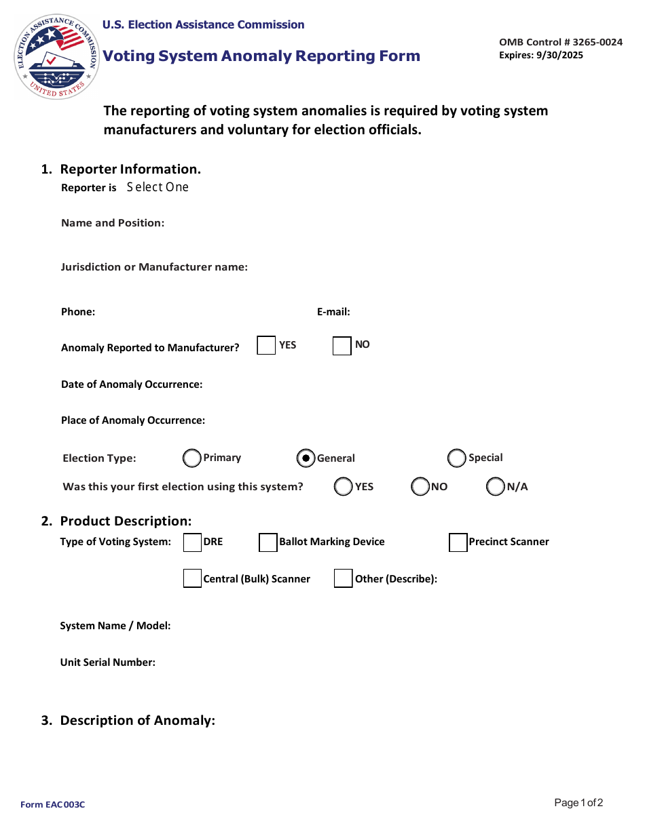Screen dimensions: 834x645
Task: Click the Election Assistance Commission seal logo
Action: (57, 57)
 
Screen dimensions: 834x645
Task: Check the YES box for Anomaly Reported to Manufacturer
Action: (266, 345)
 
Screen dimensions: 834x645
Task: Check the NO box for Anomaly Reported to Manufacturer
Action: (342, 345)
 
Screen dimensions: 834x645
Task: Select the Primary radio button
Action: (192, 458)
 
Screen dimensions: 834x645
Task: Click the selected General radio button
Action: (306, 458)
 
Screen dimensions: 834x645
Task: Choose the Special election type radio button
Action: (457, 458)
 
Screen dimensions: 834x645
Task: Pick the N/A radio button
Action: (496, 487)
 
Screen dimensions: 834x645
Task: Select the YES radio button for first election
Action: (344, 487)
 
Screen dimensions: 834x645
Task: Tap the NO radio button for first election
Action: (420, 487)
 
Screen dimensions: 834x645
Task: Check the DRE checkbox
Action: (193, 542)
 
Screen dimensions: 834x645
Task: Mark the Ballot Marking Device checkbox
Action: (268, 542)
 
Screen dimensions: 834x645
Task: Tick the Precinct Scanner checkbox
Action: (458, 542)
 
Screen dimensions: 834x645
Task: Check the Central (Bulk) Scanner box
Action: (193, 578)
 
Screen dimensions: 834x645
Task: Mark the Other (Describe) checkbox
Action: (344, 578)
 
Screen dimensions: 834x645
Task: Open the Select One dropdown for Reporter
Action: (158, 187)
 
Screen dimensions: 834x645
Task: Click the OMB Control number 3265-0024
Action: (560, 42)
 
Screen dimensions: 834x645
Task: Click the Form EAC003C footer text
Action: (53, 805)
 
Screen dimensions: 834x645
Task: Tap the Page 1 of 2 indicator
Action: (578, 803)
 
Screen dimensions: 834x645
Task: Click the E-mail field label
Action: (333, 312)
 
